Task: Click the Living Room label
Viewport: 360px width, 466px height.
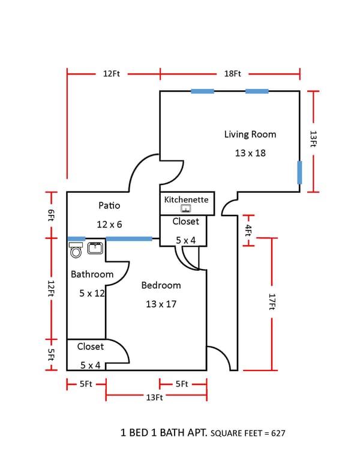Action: (x=250, y=135)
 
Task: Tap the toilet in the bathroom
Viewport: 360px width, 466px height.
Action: (x=76, y=250)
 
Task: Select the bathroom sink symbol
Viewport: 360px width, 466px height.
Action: (x=95, y=248)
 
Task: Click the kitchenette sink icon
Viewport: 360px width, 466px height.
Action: (x=186, y=208)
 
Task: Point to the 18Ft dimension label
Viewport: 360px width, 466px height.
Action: (x=232, y=74)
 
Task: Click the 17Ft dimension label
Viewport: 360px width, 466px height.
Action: (x=272, y=301)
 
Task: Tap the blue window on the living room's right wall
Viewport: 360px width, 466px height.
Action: (x=300, y=173)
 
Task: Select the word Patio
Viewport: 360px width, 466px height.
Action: (x=109, y=205)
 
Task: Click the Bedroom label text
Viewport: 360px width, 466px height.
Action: (x=161, y=285)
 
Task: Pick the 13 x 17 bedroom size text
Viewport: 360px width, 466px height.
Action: (x=161, y=304)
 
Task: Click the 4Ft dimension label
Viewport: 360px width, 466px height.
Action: (x=248, y=231)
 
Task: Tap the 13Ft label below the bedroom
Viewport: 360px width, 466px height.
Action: (x=154, y=398)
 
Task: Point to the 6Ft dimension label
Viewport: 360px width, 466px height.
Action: (x=51, y=215)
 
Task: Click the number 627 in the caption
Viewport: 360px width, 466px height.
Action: (x=278, y=434)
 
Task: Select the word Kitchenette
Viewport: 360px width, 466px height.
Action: (x=186, y=199)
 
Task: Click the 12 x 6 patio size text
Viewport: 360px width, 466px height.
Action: (x=109, y=225)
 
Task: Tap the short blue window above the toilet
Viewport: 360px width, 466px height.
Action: (x=76, y=238)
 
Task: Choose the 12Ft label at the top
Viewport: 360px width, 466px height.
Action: (x=112, y=74)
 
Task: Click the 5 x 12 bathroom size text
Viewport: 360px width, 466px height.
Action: (x=92, y=293)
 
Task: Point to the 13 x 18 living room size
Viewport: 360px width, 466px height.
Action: (x=250, y=153)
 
